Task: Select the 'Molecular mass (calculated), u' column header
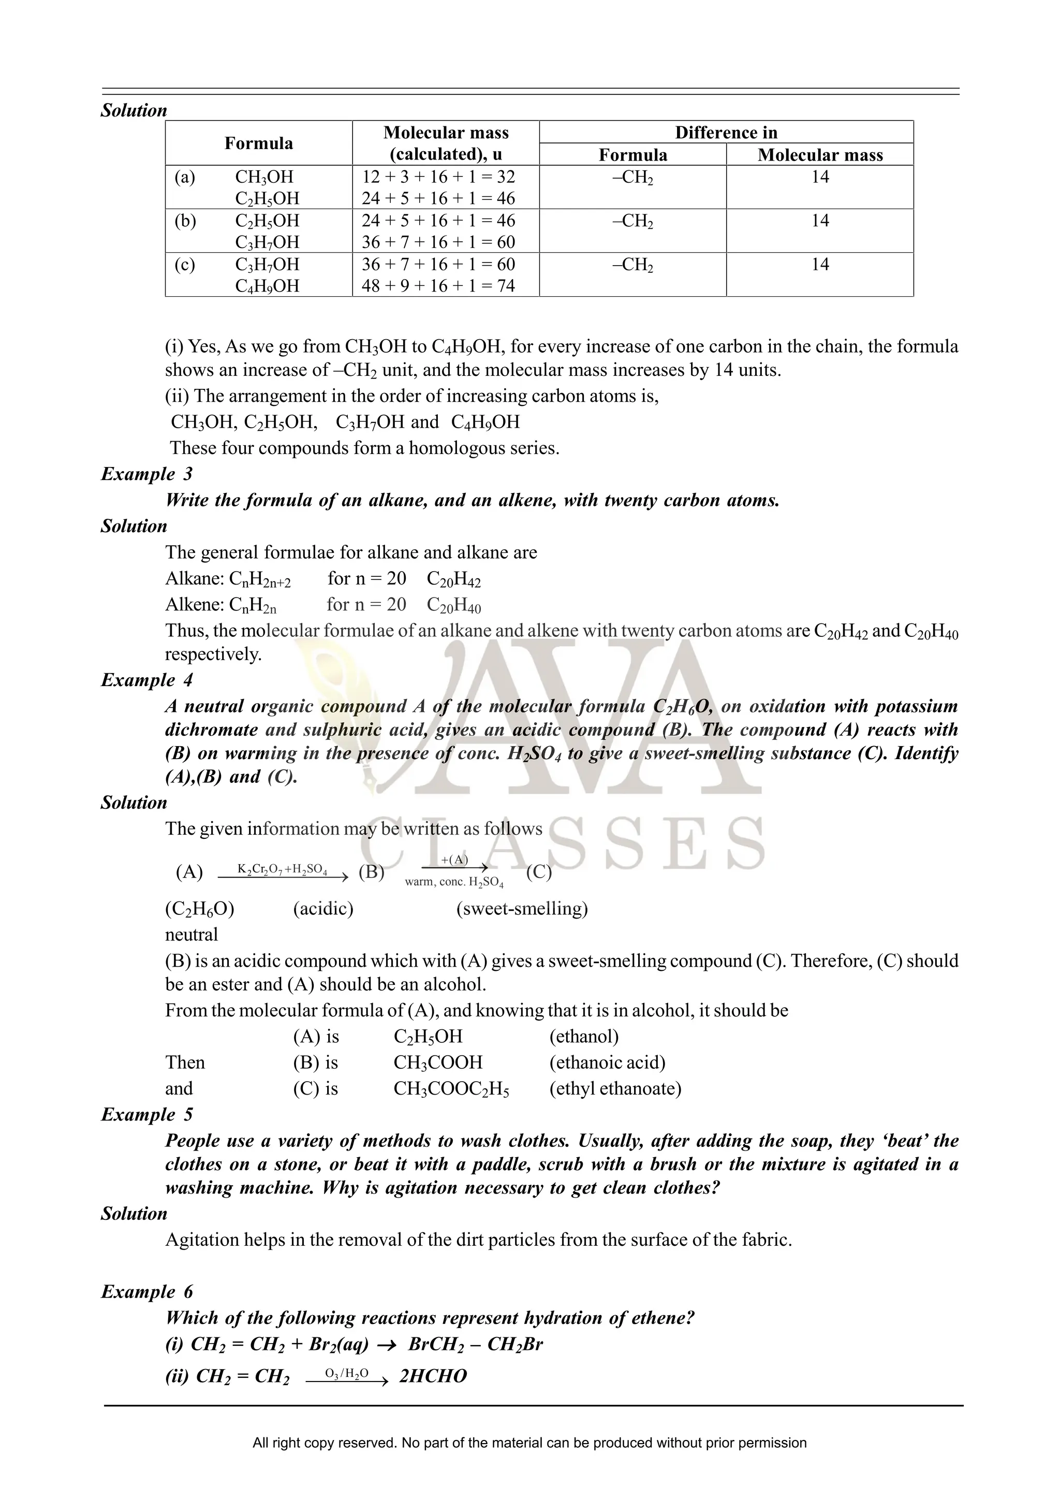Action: [446, 143]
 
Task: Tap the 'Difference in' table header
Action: [726, 133]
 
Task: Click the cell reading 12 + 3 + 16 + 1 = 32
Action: [438, 177]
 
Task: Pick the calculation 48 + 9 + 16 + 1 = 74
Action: [438, 286]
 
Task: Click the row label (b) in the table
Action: [185, 221]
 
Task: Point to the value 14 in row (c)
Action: [820, 265]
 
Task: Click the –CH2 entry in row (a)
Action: [632, 178]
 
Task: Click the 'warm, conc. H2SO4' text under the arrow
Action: [454, 882]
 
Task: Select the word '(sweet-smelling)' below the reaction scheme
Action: [522, 908]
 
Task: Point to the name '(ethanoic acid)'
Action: [607, 1062]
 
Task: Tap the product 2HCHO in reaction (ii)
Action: [433, 1376]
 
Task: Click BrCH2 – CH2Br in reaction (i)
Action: [476, 1344]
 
